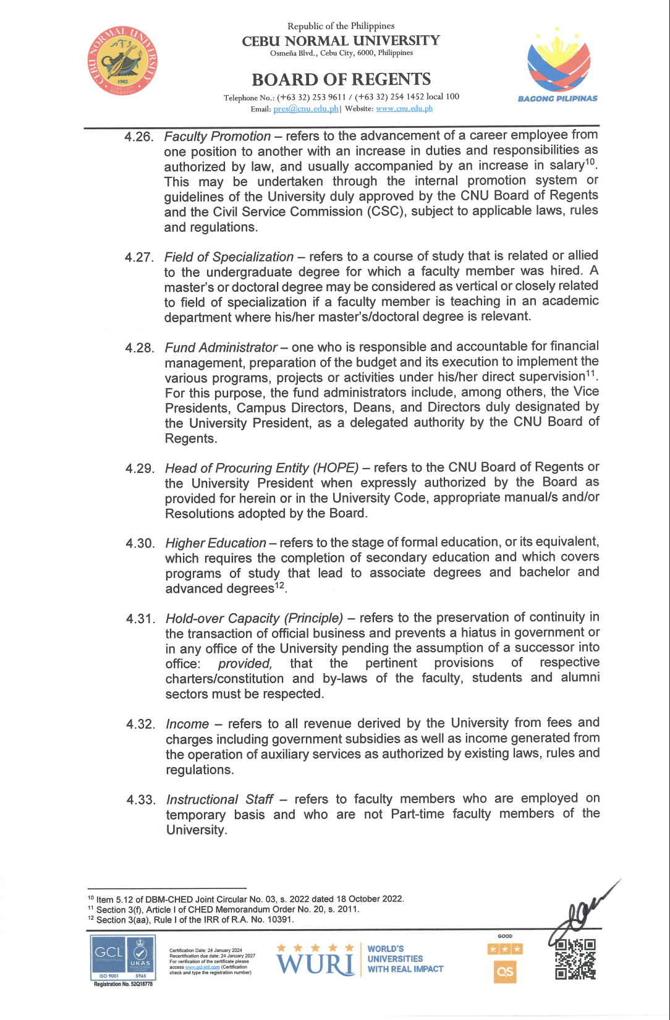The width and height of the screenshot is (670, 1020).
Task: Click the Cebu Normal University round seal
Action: click(122, 61)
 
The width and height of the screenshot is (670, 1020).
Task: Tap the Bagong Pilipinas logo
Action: click(558, 64)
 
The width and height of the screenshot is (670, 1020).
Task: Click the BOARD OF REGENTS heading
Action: click(341, 80)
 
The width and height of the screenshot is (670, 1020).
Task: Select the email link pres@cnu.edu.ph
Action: click(306, 109)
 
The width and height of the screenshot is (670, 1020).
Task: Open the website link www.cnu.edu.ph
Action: click(404, 109)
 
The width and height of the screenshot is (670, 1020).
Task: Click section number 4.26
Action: click(139, 137)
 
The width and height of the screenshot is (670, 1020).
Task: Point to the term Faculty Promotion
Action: click(218, 136)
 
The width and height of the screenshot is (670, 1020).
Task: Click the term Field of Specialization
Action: click(229, 257)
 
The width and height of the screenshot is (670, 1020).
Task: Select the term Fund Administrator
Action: click(221, 347)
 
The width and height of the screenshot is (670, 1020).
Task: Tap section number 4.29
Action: click(140, 469)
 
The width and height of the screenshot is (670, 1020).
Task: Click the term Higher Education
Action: click(216, 543)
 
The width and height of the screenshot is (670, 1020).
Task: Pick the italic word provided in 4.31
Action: click(245, 663)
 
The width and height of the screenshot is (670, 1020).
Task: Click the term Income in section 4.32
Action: click(187, 724)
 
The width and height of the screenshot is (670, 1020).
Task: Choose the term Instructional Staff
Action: click(219, 799)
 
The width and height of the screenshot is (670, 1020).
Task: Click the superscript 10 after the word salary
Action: click(590, 162)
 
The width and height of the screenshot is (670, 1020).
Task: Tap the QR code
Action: click(575, 959)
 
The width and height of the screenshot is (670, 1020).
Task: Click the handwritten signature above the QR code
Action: click(581, 909)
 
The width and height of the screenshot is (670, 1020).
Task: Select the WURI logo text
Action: click(316, 963)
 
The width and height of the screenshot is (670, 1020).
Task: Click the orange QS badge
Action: click(505, 971)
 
